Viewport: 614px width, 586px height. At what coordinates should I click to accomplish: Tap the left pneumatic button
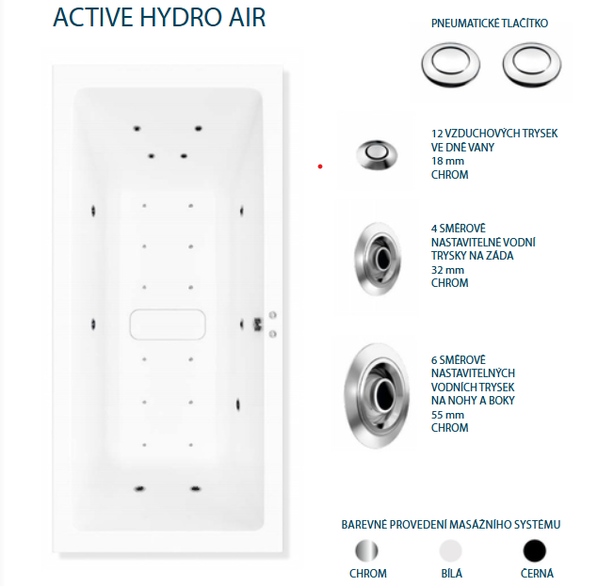(451, 65)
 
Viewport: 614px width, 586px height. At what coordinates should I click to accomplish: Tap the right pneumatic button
(532, 65)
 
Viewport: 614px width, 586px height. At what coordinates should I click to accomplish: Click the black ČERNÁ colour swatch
(535, 550)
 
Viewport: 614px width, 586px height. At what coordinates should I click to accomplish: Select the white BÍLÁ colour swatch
(451, 550)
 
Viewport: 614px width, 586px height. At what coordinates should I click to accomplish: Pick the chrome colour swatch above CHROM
(367, 550)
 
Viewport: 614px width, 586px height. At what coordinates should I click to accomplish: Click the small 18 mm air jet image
(377, 155)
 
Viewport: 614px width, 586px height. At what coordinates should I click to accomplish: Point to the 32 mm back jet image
(378, 259)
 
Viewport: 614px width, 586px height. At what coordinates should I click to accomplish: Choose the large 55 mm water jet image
(377, 396)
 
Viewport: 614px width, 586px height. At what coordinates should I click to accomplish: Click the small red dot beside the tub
(320, 166)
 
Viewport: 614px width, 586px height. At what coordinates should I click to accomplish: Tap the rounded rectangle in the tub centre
(168, 325)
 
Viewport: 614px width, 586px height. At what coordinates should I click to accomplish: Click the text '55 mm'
(447, 415)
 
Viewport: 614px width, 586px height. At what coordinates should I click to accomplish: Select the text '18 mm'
(447, 161)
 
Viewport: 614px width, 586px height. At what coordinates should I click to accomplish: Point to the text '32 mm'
(447, 270)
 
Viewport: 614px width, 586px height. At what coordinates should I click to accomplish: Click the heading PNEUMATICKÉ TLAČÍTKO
(490, 24)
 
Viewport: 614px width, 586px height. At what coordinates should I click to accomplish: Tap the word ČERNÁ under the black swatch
(537, 574)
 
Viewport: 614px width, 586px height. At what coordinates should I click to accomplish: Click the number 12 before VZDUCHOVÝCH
(437, 134)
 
